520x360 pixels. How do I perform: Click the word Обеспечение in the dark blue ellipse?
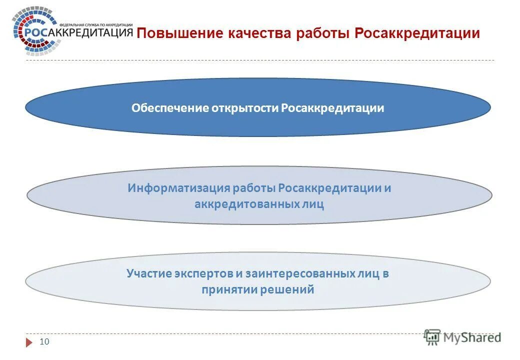point(163,108)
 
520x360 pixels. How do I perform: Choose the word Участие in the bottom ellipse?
point(148,273)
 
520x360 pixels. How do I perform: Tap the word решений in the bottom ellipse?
point(287,289)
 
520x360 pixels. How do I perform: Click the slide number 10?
point(44,342)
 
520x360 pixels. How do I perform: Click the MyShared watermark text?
point(471,337)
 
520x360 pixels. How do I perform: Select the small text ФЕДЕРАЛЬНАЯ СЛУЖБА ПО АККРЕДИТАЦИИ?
point(95,24)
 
